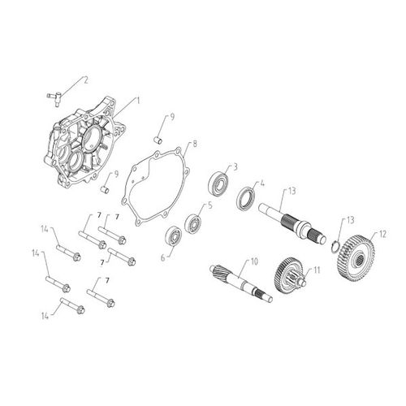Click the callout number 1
point(138,100)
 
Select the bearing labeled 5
point(194,222)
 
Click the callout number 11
point(317,269)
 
